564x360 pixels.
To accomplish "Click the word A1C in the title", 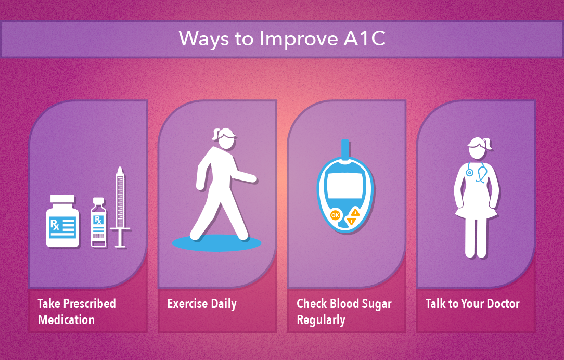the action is pos(364,38).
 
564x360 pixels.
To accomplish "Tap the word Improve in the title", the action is pos(299,39).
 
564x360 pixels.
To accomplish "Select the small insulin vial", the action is pos(98,223).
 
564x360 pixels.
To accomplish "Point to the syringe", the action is pos(120,205).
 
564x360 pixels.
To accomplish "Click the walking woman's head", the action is pos(224,138).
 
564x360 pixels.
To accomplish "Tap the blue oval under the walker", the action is pos(216,243).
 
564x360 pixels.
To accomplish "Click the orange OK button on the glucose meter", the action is pos(335,215).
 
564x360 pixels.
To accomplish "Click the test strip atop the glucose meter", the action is pos(345,150).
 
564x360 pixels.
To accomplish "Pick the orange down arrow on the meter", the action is pos(351,222).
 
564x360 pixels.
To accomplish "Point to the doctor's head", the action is pos(478,148).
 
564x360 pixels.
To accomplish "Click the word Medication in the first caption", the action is pos(66,320).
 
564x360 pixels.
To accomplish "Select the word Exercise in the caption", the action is pos(187,303).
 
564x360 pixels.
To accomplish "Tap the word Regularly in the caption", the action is pos(321,320).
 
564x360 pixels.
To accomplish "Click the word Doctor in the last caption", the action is pos(503,303).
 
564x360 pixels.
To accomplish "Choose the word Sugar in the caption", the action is pos(376,304).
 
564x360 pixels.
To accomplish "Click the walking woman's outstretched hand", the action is pos(252,178).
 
